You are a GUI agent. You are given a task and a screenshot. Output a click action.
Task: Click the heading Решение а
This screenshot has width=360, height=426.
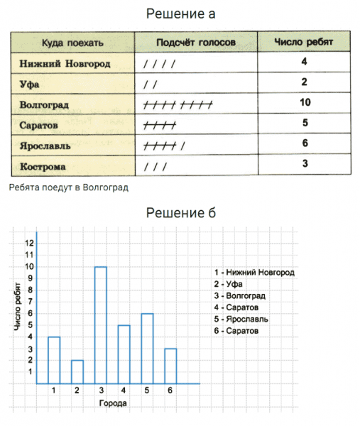coord(180,13)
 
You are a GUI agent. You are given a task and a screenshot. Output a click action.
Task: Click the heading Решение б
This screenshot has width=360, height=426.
coord(180,212)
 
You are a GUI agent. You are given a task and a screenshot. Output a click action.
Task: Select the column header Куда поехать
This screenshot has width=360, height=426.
coord(72,43)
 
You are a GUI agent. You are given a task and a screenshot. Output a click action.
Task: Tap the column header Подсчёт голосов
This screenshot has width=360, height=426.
coord(196,43)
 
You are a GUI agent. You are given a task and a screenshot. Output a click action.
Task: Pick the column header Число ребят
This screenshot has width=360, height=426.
coord(303,43)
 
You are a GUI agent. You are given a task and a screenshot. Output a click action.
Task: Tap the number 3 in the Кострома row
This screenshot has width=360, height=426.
coord(304,165)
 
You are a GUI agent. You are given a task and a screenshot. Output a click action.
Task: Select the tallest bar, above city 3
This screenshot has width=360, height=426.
coord(100,325)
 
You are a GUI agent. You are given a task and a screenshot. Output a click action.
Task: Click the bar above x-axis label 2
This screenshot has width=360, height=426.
coord(77,371)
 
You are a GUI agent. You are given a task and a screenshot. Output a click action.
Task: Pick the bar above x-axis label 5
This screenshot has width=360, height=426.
coord(147,348)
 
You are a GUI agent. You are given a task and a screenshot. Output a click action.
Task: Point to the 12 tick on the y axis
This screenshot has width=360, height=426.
coord(29,243)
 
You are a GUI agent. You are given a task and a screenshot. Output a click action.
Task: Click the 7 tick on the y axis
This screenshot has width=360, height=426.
coord(30,302)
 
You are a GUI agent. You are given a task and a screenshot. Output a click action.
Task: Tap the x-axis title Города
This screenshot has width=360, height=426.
coord(114,403)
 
